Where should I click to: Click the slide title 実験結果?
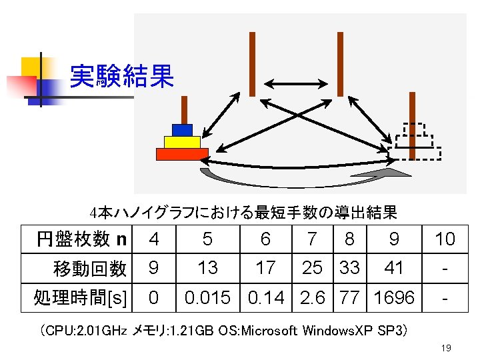(121, 77)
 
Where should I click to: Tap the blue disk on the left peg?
(181, 130)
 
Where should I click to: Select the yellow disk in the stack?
(182, 142)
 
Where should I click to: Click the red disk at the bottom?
(182, 154)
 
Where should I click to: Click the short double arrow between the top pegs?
(296, 83)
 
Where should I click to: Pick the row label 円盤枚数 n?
(82, 239)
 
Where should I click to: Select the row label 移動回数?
(90, 268)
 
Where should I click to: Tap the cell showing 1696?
(394, 297)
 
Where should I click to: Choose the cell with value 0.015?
(208, 297)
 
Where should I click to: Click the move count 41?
(394, 268)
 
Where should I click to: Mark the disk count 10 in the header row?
(445, 239)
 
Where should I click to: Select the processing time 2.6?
(313, 297)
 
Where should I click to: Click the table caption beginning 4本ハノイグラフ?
(243, 213)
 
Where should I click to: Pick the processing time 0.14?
(265, 297)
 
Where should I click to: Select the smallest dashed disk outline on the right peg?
(413, 129)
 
